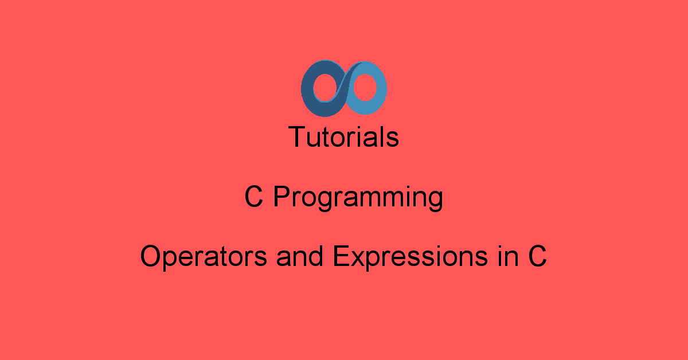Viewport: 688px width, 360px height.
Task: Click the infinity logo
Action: tap(344, 88)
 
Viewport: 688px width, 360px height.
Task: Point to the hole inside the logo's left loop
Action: tap(322, 89)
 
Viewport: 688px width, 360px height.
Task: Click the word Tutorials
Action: tap(344, 137)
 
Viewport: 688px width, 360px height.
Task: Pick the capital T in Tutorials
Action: tap(297, 137)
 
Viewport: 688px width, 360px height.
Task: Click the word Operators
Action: tap(204, 257)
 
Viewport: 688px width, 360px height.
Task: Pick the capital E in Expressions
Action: tap(340, 256)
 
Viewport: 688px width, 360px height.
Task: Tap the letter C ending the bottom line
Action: tap(537, 256)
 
